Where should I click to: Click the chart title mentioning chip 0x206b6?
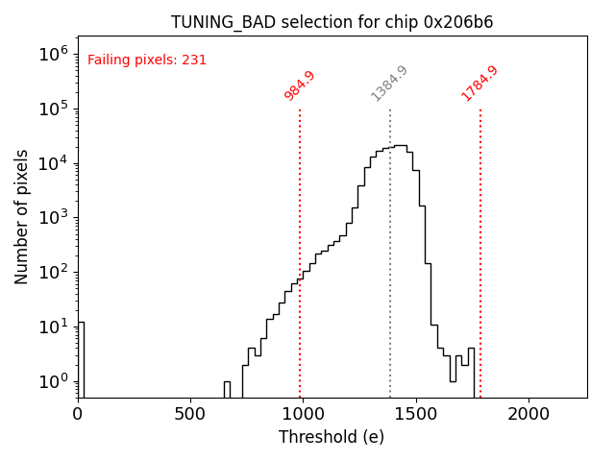pyautogui.click(x=332, y=22)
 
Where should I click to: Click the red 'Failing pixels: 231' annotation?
pyautogui.click(x=147, y=61)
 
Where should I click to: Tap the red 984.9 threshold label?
pyautogui.click(x=300, y=85)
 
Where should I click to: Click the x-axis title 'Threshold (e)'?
pyautogui.click(x=332, y=437)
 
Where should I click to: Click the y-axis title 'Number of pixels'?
pyautogui.click(x=22, y=217)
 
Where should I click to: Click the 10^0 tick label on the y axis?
pyautogui.click(x=56, y=381)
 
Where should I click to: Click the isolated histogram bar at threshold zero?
pyautogui.click(x=81, y=360)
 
